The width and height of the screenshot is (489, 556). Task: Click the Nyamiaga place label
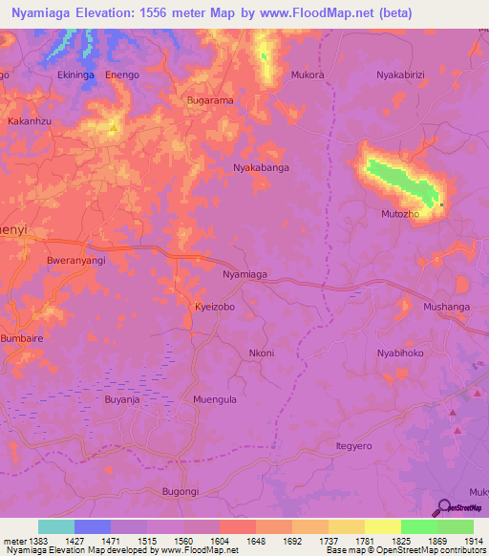pyautogui.click(x=244, y=274)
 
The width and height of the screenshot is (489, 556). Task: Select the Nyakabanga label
pyautogui.click(x=261, y=167)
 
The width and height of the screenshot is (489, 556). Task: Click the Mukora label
pyautogui.click(x=308, y=74)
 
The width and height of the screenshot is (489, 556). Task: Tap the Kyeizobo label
pyautogui.click(x=215, y=308)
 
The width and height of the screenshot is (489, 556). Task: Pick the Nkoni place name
pyautogui.click(x=261, y=353)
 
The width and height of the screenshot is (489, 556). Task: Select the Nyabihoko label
pyautogui.click(x=399, y=353)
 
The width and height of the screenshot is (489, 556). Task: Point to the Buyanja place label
pyautogui.click(x=122, y=400)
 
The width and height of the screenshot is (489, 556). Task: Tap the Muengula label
pyautogui.click(x=215, y=400)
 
